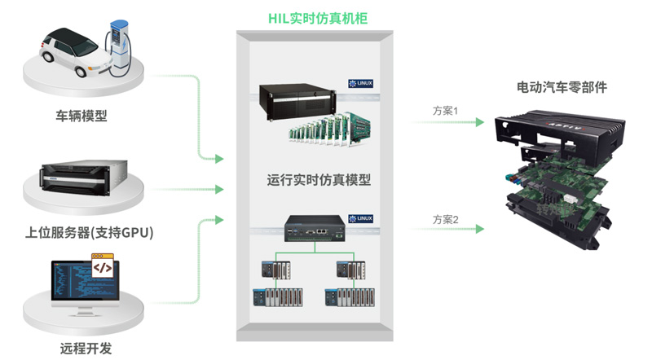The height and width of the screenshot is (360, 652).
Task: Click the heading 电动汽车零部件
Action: (562, 86)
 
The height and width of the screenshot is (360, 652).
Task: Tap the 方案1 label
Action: (446, 110)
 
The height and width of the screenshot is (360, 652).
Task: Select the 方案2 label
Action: (446, 219)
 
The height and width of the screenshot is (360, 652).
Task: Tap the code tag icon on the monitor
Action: (102, 268)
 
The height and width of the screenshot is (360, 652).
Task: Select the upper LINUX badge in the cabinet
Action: (359, 84)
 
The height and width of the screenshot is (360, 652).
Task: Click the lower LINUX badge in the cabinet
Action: (359, 218)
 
